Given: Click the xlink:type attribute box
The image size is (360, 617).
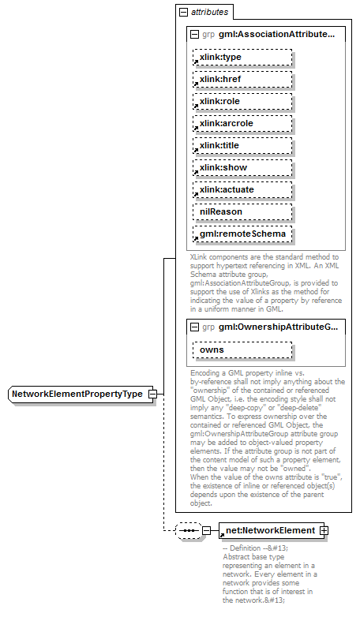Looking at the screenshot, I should (242, 58).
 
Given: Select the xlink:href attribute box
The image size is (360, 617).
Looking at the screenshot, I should (242, 80).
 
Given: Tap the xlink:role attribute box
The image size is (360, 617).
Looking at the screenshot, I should (242, 102).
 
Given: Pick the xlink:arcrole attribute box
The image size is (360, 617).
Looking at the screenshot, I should (242, 124).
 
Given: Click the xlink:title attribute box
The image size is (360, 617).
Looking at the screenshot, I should (242, 146).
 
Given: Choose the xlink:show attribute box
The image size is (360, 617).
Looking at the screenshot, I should (242, 168).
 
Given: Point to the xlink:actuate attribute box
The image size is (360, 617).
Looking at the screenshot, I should (242, 190).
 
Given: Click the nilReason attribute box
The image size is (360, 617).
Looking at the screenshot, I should (242, 212).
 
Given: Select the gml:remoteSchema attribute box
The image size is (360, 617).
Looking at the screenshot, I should (242, 234).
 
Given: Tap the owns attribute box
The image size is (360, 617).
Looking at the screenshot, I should (242, 350).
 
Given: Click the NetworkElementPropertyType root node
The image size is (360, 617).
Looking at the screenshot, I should (81, 394).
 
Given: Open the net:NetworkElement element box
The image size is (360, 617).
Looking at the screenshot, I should (269, 530).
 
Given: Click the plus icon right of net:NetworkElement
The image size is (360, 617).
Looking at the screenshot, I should (324, 530).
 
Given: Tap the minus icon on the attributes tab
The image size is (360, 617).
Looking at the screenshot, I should (184, 13).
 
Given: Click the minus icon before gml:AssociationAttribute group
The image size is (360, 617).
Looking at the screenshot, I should (195, 35).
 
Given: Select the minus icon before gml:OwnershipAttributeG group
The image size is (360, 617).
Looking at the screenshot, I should (195, 327).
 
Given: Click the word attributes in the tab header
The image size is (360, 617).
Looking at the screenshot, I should (209, 13).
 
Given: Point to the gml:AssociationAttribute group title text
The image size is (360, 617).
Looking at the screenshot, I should (276, 35).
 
